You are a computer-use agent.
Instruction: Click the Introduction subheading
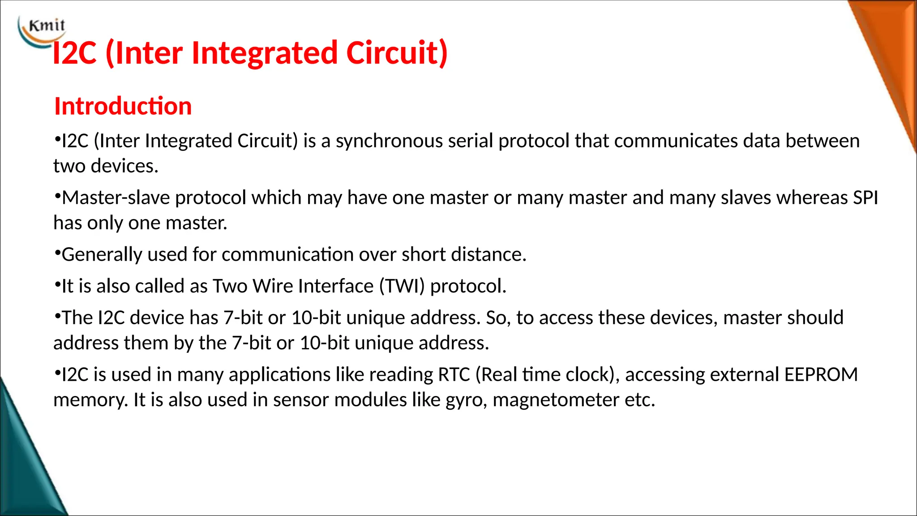(x=123, y=106)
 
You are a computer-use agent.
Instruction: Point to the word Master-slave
(x=116, y=198)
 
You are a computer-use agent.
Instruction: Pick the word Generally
(x=102, y=254)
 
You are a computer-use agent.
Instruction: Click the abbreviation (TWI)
(x=402, y=286)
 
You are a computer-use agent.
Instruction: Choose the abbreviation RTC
(x=454, y=374)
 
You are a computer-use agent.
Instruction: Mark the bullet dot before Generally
(x=57, y=253)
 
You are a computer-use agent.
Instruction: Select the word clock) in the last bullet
(x=592, y=374)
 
